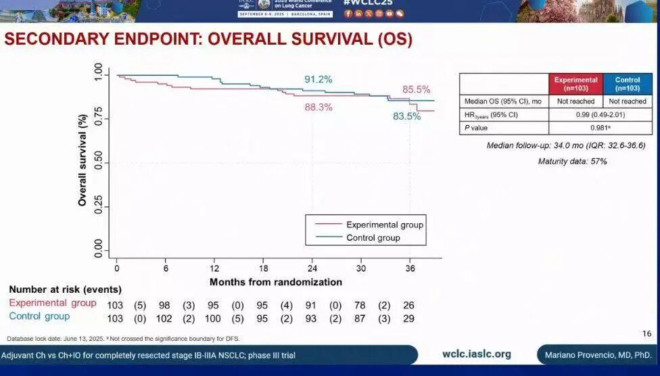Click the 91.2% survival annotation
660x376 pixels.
[x=318, y=80]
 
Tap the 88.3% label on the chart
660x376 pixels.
[x=318, y=107]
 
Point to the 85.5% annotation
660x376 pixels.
[x=416, y=89]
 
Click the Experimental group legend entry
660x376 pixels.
[x=384, y=225]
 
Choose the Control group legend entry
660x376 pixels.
[x=373, y=237]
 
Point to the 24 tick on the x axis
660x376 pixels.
[x=312, y=268]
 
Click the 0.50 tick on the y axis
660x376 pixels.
[x=98, y=163]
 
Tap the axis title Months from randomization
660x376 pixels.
[x=276, y=282]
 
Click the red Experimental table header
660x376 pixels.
[x=576, y=83]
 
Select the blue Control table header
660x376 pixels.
[x=627, y=83]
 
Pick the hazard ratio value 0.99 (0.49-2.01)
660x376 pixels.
[x=600, y=114]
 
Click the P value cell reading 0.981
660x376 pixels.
[x=600, y=127]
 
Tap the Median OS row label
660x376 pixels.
[x=502, y=101]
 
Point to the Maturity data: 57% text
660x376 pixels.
[x=572, y=162]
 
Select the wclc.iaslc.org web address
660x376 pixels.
[x=476, y=354]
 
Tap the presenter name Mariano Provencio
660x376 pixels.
[x=596, y=355]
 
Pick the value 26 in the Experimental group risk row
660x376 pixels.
[x=408, y=305]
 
